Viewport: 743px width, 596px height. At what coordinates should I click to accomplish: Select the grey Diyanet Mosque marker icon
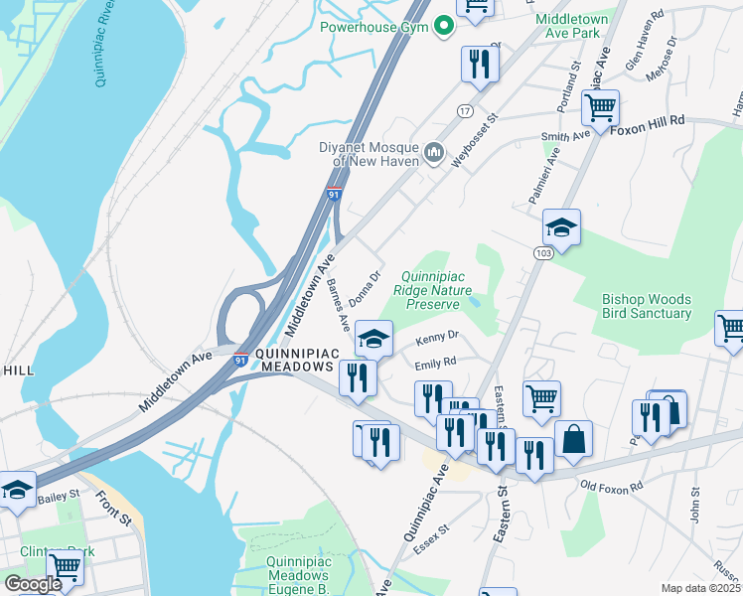[x=433, y=152]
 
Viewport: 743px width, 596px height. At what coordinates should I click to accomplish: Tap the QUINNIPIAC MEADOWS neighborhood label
[x=298, y=361]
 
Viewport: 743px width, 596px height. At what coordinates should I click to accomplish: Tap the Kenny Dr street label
[x=438, y=338]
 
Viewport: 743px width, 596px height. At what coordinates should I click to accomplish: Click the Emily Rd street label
[x=435, y=363]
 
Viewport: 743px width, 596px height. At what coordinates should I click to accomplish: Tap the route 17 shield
[x=464, y=111]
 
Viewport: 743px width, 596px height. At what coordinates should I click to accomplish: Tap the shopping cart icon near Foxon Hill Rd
[x=601, y=106]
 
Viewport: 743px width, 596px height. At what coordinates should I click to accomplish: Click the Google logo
[x=32, y=584]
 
